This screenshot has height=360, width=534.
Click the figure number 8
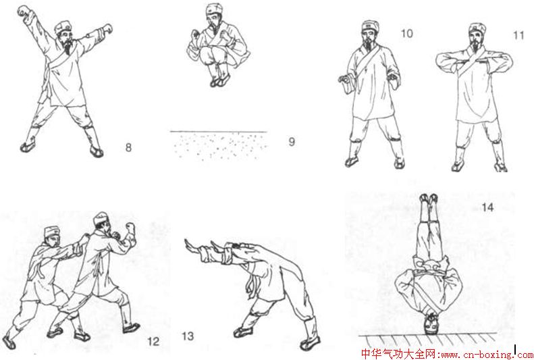click(x=128, y=147)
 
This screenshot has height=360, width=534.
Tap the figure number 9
click(x=292, y=141)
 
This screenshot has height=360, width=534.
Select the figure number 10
click(x=406, y=33)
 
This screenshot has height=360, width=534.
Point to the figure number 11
click(x=518, y=35)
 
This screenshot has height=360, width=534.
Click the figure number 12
click(x=153, y=341)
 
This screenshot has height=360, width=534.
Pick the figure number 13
click(x=188, y=336)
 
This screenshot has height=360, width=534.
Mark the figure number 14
click(x=487, y=207)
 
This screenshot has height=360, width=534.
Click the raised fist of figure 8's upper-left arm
click(x=24, y=11)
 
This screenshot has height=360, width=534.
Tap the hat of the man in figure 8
click(x=63, y=27)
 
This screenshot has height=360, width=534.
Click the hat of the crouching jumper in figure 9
click(x=214, y=9)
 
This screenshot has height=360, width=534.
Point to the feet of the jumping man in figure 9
click(x=220, y=82)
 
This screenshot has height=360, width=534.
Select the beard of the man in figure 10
click(x=369, y=45)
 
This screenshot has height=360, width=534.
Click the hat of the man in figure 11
click(x=477, y=28)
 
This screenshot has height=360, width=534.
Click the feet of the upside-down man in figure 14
click(x=429, y=198)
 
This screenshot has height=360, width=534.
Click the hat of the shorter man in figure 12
click(x=52, y=231)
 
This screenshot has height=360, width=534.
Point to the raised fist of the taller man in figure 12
click(x=130, y=227)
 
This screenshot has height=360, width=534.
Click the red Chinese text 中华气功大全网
click(x=397, y=354)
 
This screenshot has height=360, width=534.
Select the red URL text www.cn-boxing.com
click(x=485, y=355)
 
